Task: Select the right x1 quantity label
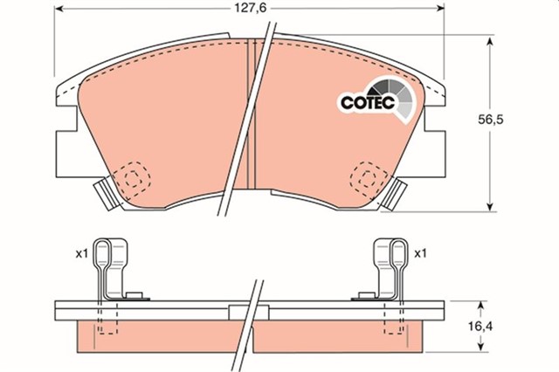click(x=420, y=254)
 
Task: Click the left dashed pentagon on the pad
click(x=133, y=178)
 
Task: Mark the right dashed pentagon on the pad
click(x=364, y=178)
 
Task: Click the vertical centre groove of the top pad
click(x=251, y=114)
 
